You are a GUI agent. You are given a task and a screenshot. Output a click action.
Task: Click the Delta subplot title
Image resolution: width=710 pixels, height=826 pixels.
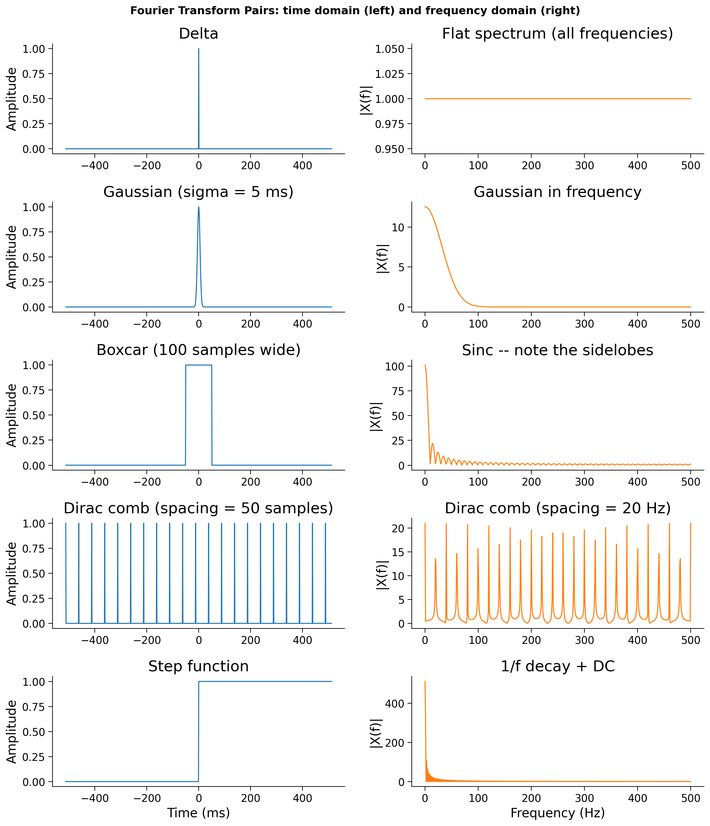click(198, 33)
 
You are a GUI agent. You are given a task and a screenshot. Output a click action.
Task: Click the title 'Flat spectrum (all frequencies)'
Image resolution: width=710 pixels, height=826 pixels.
click(558, 33)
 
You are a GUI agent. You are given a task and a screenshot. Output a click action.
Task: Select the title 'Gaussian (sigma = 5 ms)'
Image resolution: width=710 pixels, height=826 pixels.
click(198, 192)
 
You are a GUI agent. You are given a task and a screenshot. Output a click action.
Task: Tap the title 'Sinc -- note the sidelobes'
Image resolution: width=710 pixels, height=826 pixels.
click(558, 350)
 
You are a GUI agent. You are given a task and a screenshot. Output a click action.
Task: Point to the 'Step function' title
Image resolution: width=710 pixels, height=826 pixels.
click(198, 666)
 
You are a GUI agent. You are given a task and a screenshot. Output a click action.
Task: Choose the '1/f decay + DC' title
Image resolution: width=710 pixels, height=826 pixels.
click(558, 666)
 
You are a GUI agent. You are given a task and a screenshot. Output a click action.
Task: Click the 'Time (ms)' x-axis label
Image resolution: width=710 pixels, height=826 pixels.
click(198, 812)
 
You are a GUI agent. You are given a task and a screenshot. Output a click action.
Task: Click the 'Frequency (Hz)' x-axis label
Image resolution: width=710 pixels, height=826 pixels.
click(558, 812)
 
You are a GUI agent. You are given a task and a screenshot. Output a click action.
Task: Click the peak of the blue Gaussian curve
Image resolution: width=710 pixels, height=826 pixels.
click(198, 207)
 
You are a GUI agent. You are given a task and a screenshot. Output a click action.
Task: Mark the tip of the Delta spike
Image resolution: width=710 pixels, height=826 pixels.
click(198, 49)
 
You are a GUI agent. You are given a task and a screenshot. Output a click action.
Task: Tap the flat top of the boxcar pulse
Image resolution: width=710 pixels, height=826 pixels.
click(198, 365)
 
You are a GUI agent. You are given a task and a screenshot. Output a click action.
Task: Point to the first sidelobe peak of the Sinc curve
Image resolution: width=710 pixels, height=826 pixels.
click(432, 444)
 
